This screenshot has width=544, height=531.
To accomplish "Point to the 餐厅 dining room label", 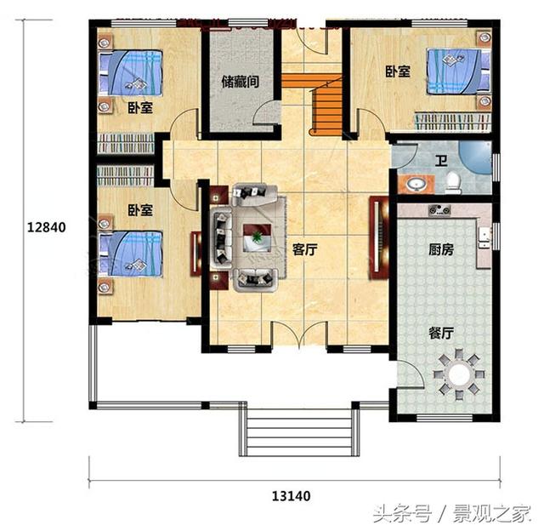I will [439, 334].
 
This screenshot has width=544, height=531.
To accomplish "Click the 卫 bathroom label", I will [441, 160].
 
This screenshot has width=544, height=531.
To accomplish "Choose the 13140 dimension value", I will [291, 495].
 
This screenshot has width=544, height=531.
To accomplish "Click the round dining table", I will [459, 373].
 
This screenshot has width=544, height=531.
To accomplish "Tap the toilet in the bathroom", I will [454, 180].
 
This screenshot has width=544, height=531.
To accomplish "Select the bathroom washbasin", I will [416, 182].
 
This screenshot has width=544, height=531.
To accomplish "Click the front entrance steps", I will [297, 435].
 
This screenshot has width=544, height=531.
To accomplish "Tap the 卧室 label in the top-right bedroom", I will [398, 72].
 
